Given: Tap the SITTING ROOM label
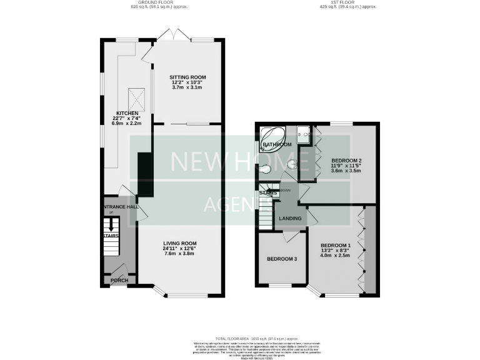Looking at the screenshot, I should point(179,77).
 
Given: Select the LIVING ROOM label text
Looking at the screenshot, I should point(180,243).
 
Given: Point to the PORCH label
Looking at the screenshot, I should point(119,280).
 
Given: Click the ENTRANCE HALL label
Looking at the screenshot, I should point(120,206).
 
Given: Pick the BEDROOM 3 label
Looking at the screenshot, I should point(282,259).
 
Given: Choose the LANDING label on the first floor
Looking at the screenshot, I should point(291,218).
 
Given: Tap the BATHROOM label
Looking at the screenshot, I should point(277,145).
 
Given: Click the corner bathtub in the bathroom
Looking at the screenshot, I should point(271,136).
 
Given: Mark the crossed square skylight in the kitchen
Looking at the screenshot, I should point(136,97).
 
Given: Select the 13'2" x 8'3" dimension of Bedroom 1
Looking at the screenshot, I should point(336,250).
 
